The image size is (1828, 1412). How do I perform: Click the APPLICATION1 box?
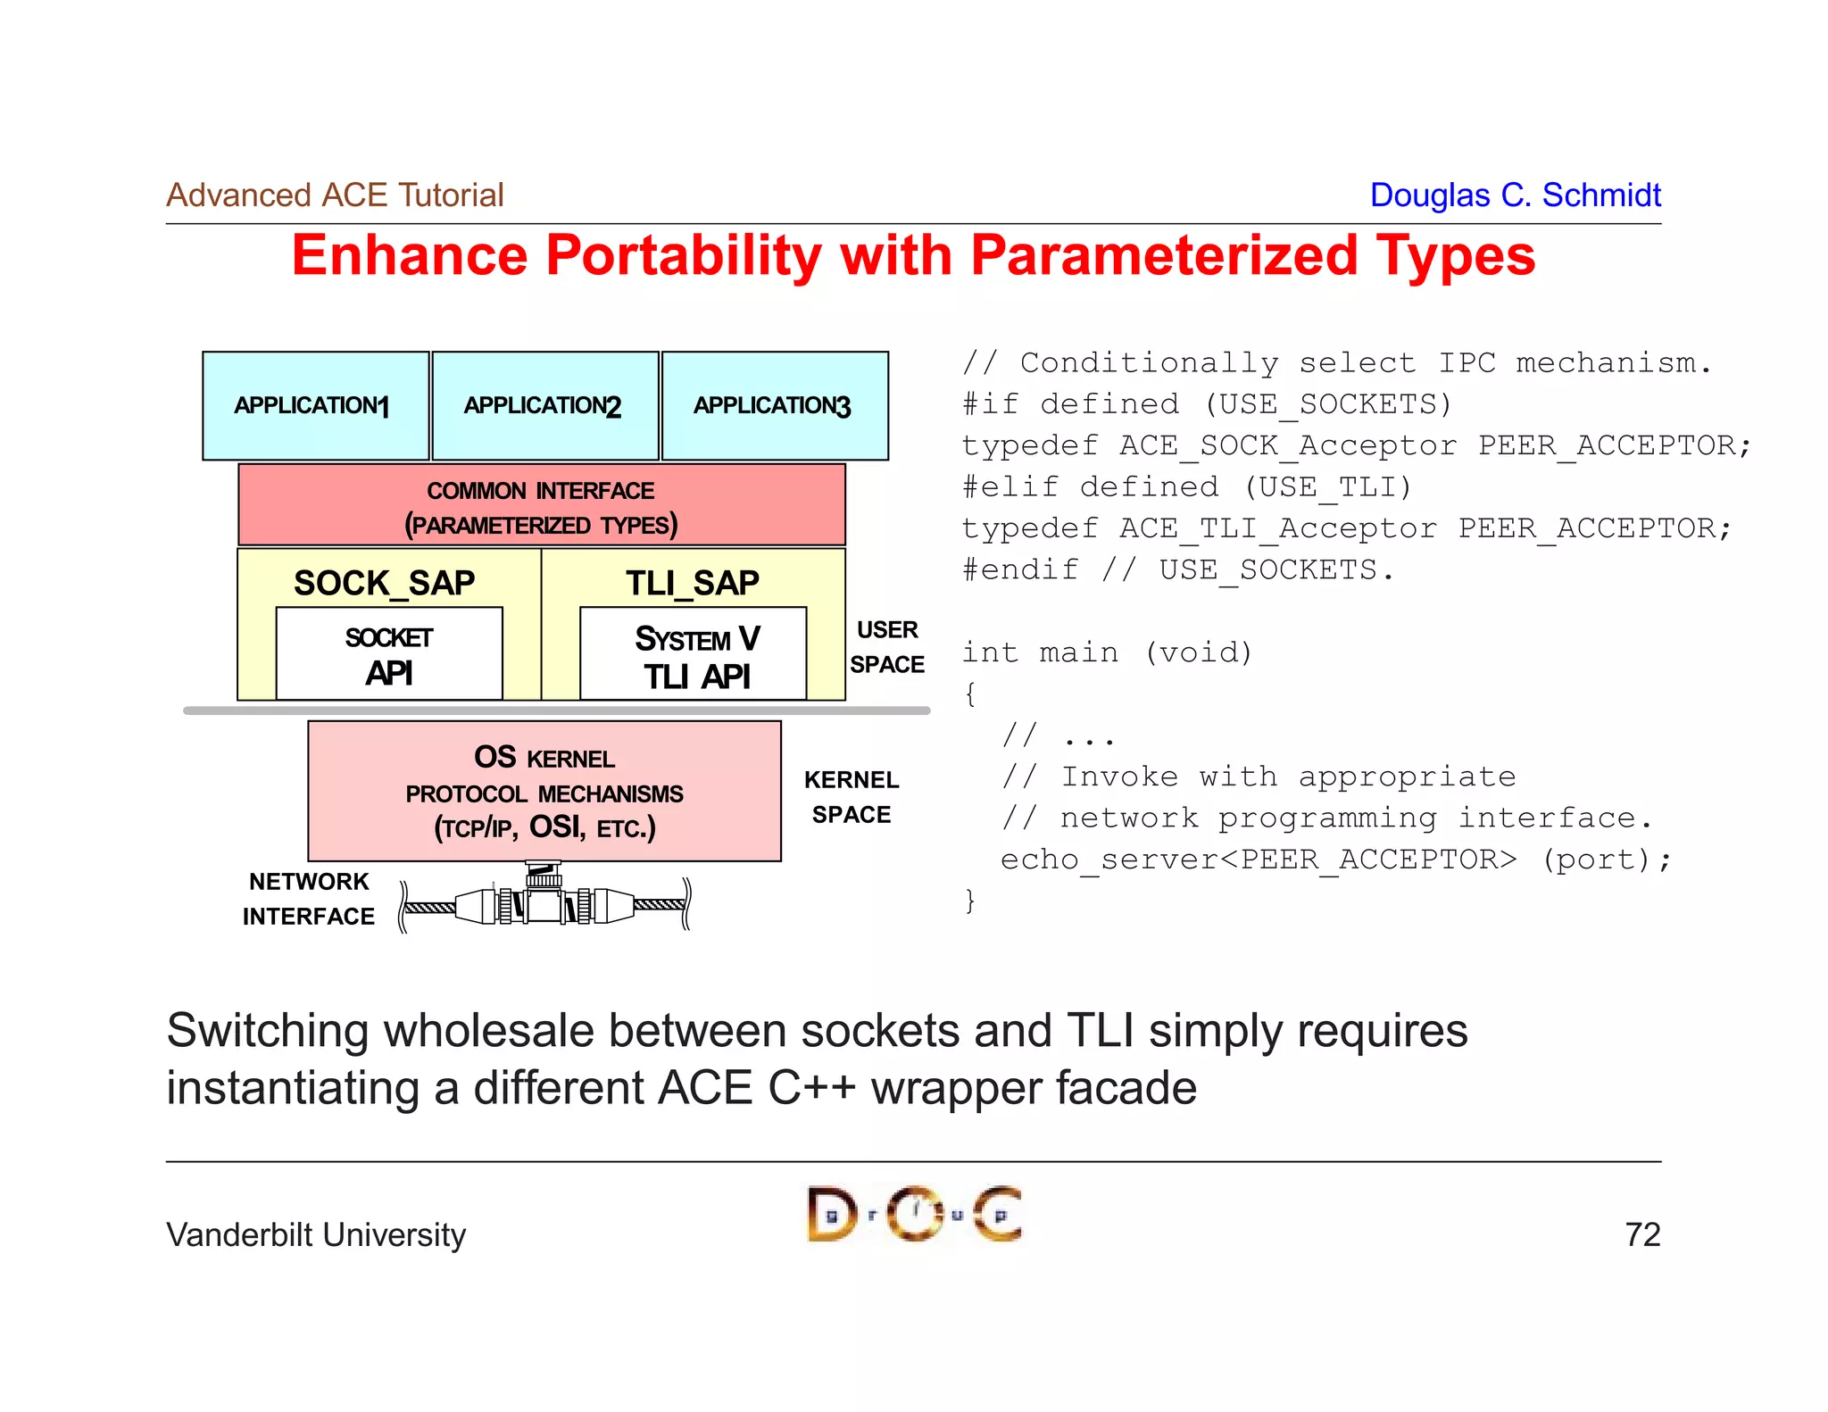point(315,406)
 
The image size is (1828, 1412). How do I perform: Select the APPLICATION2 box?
point(544,406)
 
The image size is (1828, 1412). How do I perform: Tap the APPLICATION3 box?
point(774,406)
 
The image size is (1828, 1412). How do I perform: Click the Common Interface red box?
point(541,505)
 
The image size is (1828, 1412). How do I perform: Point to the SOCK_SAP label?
point(385,583)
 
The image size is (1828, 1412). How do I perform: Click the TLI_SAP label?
point(692,583)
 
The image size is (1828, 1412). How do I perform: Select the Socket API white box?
point(389,654)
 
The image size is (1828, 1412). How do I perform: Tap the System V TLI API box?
point(694,656)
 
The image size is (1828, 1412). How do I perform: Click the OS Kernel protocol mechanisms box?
point(544,792)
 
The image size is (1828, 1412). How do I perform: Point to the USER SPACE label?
point(886,647)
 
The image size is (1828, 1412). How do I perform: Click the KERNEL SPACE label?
point(852,797)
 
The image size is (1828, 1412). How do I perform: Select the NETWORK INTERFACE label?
point(309,899)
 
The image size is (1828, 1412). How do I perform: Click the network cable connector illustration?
point(544,901)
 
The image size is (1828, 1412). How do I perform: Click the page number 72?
point(1641,1234)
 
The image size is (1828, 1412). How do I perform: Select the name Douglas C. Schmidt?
point(1515,195)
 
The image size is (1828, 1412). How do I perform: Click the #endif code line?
point(1177,569)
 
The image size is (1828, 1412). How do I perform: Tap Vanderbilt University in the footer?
point(316,1234)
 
